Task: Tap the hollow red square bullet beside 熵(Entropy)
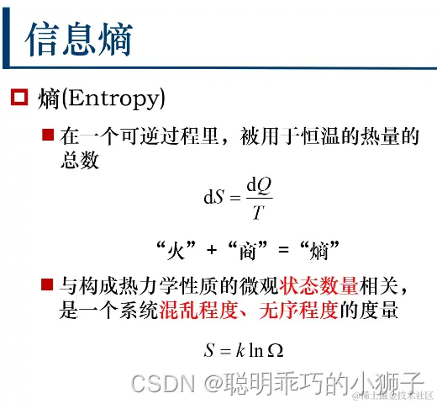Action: tap(18, 99)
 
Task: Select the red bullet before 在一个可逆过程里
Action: tap(49, 135)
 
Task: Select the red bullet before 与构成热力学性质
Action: tap(49, 282)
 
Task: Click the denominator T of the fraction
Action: tap(257, 210)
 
